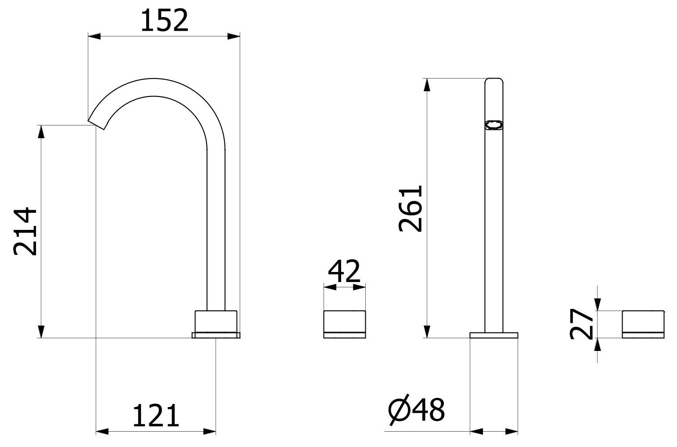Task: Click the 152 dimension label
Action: click(x=164, y=21)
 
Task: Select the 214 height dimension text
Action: click(x=25, y=231)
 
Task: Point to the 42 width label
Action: click(x=344, y=272)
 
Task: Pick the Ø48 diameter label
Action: click(x=417, y=411)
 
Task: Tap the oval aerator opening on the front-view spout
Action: click(x=494, y=126)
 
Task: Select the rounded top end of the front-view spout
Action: click(x=494, y=81)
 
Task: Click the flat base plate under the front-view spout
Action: click(x=494, y=336)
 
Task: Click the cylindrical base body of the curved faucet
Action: click(x=216, y=322)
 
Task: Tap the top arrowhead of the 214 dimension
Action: click(x=41, y=131)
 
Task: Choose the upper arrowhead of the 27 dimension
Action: click(x=597, y=304)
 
